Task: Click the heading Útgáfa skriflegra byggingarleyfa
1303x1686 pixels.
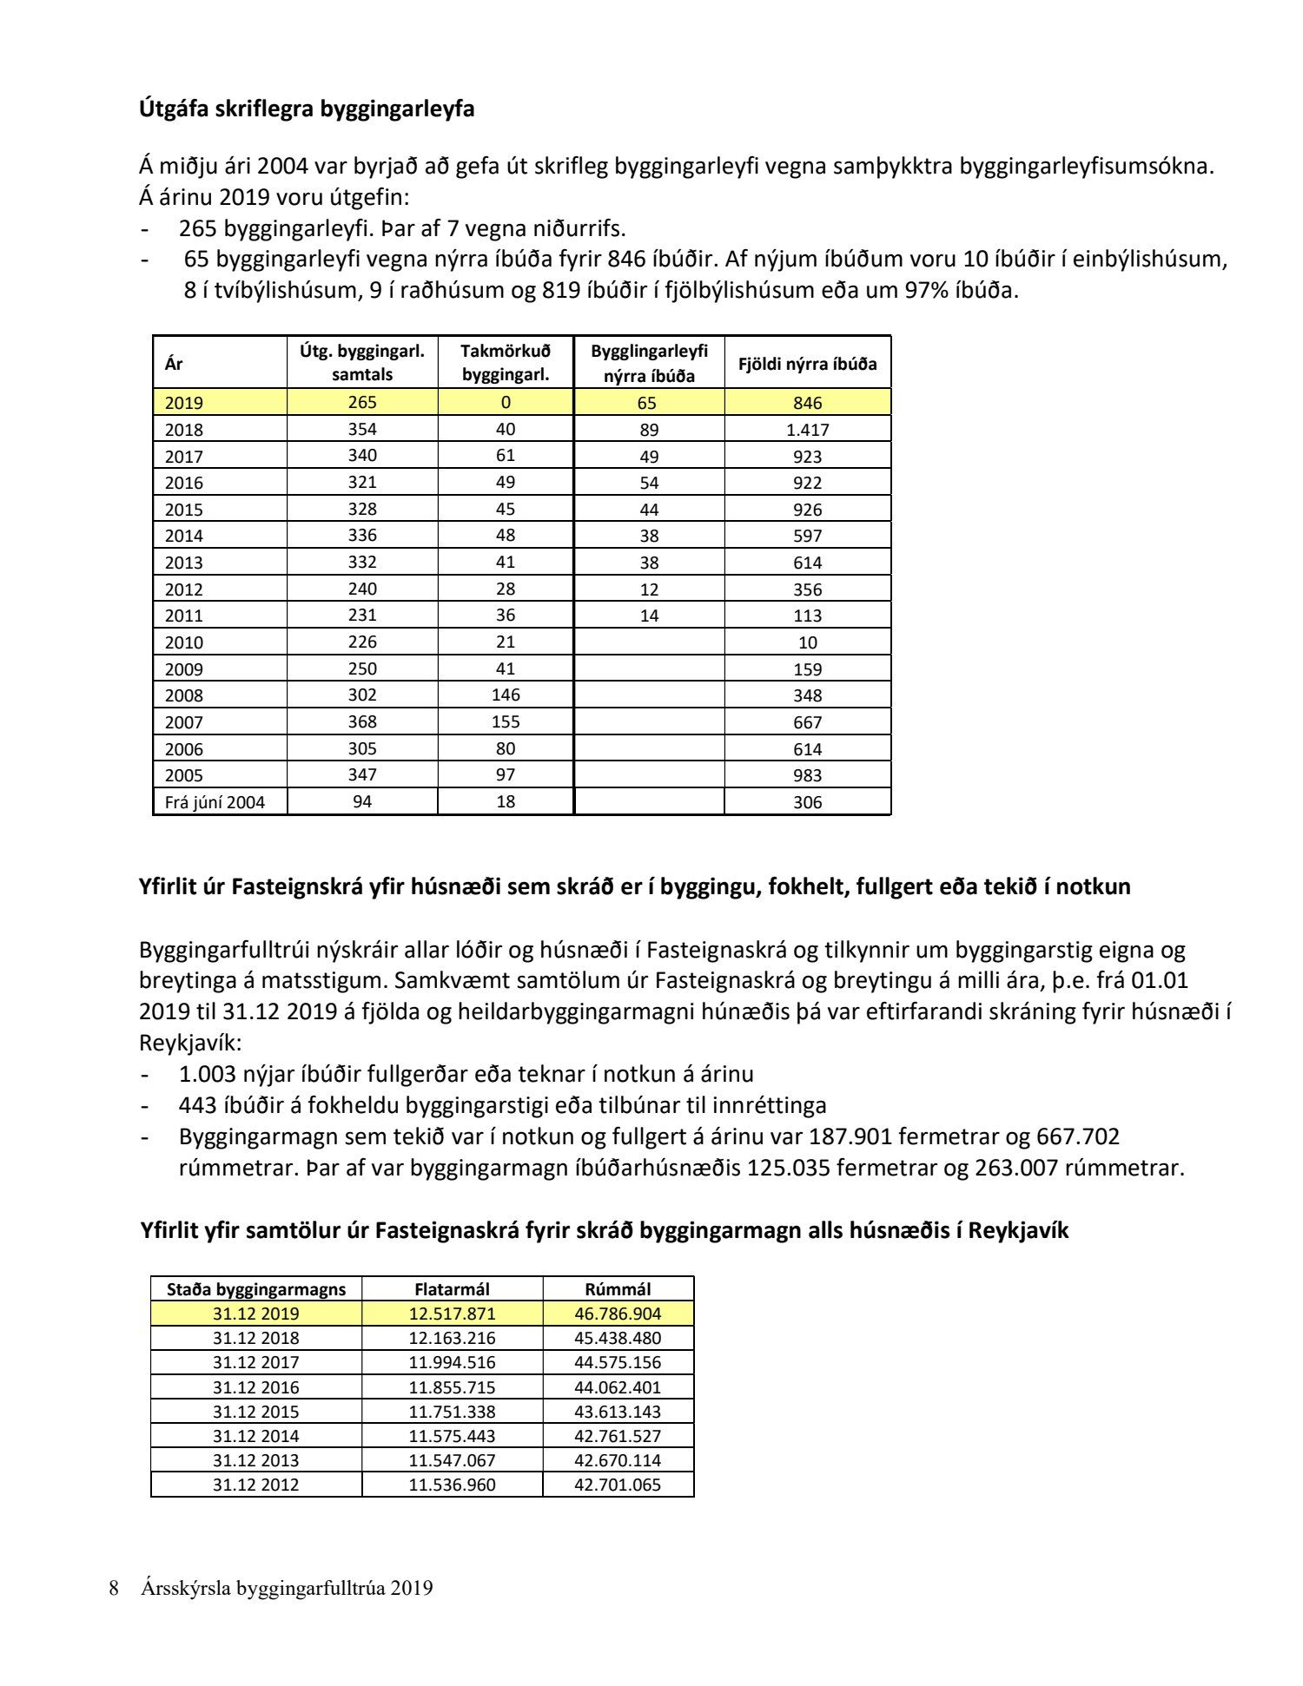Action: click(x=307, y=109)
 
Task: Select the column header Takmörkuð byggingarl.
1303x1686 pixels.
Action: click(x=506, y=363)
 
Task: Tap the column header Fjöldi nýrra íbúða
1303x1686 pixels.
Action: click(x=807, y=364)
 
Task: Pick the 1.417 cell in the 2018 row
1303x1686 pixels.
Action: click(x=807, y=430)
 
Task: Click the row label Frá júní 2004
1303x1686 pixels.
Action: click(x=215, y=802)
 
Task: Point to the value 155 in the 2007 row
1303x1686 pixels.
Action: click(x=506, y=722)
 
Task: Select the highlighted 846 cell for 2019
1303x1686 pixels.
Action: click(x=807, y=403)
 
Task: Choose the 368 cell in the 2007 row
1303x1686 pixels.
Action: click(x=362, y=722)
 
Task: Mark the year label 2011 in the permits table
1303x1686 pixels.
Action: click(x=183, y=616)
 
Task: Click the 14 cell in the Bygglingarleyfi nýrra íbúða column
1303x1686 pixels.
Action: click(x=649, y=616)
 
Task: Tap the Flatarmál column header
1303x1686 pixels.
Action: click(x=452, y=1289)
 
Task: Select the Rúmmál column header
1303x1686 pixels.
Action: click(x=618, y=1289)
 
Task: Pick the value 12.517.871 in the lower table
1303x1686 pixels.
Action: click(x=452, y=1314)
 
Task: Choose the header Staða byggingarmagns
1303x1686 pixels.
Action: click(x=256, y=1289)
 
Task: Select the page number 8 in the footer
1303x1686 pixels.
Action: click(x=114, y=1589)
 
